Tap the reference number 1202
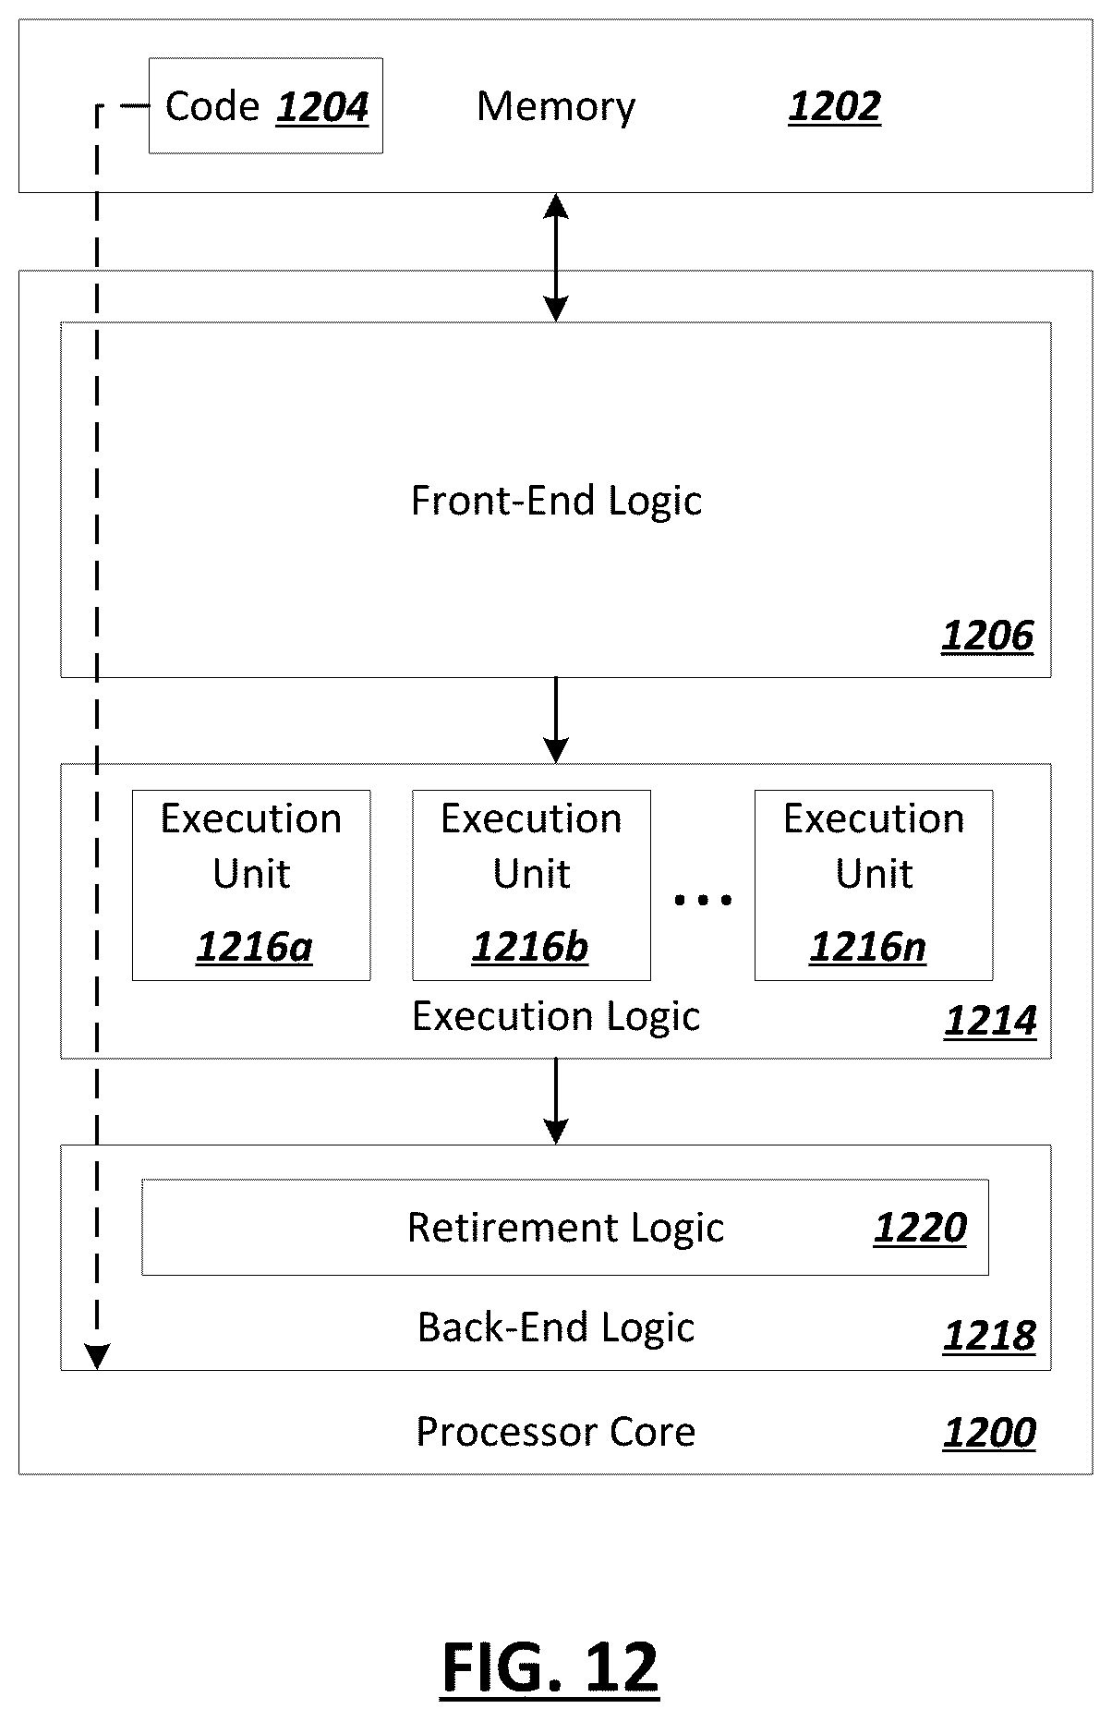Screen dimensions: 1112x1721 click(x=834, y=107)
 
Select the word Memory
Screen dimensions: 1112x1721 click(x=556, y=106)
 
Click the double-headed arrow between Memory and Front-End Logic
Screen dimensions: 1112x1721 click(x=556, y=258)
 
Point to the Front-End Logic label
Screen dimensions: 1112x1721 click(x=556, y=501)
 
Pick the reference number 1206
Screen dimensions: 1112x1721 click(x=987, y=636)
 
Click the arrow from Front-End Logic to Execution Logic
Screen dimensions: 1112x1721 click(x=556, y=721)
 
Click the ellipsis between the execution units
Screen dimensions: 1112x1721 click(x=703, y=899)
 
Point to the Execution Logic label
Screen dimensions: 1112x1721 click(x=556, y=1017)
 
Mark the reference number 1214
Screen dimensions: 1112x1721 click(x=990, y=1021)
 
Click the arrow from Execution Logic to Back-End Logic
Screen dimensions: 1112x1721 click(x=556, y=1101)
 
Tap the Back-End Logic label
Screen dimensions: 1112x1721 click(x=556, y=1327)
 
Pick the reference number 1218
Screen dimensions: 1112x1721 click(x=989, y=1336)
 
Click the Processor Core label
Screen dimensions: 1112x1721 click(x=556, y=1432)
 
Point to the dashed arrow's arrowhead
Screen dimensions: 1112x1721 click(x=97, y=1357)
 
